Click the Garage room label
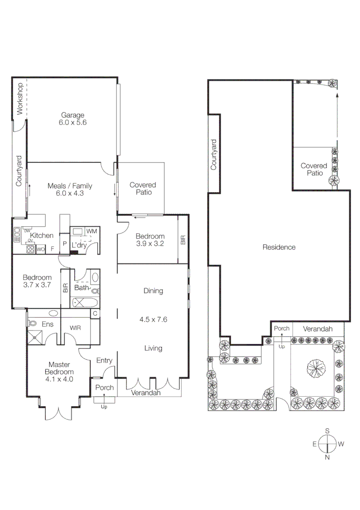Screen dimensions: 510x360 click(72, 115)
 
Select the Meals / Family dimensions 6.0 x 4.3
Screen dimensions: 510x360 click(70, 193)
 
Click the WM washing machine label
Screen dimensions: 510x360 click(92, 230)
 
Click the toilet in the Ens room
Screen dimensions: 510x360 click(32, 323)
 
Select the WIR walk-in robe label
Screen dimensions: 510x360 click(76, 327)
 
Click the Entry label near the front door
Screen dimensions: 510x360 click(104, 361)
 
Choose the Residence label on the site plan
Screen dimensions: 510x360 click(279, 247)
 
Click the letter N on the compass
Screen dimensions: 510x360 click(327, 457)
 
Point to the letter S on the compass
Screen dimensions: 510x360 click(327, 431)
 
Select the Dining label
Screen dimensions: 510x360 click(153, 291)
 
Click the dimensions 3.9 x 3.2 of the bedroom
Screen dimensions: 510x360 click(150, 244)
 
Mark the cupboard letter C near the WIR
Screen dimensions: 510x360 click(95, 314)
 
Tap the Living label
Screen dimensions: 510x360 click(153, 348)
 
